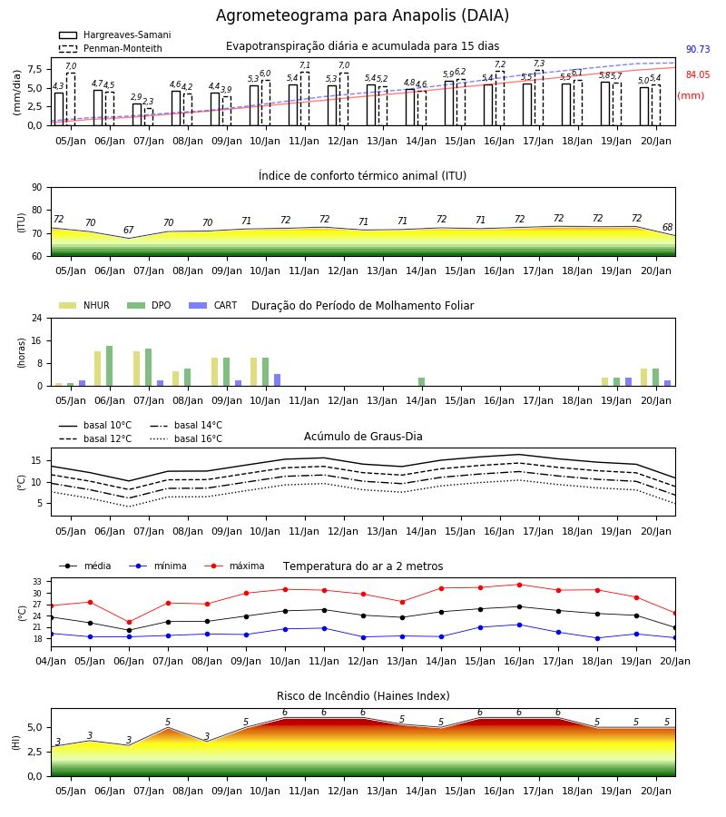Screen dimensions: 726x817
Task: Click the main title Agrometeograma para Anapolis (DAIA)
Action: [362, 15]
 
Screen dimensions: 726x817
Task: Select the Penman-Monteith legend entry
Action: [111, 48]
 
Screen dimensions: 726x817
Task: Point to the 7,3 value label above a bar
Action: [539, 64]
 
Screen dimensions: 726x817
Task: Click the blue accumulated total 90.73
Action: [698, 50]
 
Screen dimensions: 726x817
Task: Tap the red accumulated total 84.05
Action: [698, 74]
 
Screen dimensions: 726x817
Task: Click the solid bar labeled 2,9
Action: [137, 114]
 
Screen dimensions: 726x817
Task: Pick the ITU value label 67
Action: [129, 230]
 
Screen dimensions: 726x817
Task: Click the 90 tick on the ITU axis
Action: [37, 188]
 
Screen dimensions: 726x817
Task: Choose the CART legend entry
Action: [212, 305]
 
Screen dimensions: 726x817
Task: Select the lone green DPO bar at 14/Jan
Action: [422, 382]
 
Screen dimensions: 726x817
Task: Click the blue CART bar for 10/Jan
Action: [278, 380]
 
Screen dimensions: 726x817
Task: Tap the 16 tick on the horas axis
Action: [37, 340]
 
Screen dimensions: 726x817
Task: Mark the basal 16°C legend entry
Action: [186, 438]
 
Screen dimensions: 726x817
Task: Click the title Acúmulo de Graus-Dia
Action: [363, 436]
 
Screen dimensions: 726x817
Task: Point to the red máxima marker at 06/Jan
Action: [129, 622]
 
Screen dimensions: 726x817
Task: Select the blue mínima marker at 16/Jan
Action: [519, 625]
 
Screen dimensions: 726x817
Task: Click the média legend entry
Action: [85, 566]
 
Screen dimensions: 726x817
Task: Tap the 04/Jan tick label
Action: [51, 661]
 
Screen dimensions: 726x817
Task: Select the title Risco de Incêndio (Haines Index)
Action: [363, 696]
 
